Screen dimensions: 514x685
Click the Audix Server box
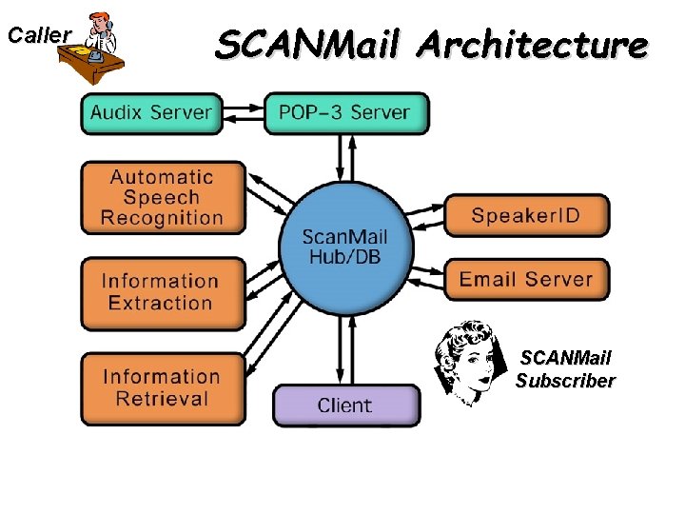point(151,112)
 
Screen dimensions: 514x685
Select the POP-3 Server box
point(345,112)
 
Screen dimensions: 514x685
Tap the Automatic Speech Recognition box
point(162,197)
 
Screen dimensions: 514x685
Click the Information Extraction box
point(160,292)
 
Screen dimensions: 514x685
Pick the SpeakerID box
point(526,215)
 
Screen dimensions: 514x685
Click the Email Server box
point(526,280)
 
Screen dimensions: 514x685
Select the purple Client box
point(345,405)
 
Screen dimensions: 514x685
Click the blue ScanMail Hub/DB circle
point(344,247)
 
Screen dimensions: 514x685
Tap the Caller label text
point(39,35)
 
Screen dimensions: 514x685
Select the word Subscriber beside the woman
point(565,381)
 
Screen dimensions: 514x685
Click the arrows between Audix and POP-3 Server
point(243,112)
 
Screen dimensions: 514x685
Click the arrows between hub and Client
point(345,352)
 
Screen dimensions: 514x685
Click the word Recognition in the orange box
point(162,218)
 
